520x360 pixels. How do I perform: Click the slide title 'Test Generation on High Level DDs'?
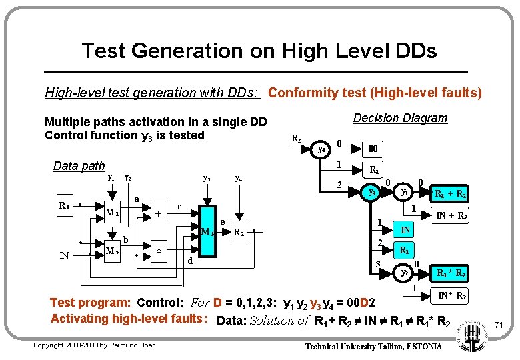[259, 51]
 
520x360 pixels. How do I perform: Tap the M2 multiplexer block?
[112, 251]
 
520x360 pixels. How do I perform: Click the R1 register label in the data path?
[65, 206]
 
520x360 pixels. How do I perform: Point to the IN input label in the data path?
[65, 254]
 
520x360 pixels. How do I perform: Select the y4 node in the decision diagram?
[321, 149]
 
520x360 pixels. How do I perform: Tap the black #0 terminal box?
[373, 149]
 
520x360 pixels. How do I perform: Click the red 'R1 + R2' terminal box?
[451, 194]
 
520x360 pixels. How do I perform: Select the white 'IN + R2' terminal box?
[451, 215]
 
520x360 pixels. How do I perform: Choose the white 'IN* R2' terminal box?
[451, 295]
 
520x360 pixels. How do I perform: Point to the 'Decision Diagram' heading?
[400, 119]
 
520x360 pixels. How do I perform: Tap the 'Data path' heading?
[79, 166]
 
